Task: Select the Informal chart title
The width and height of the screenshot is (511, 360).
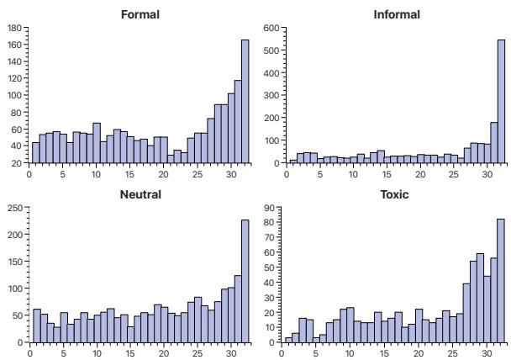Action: [x=396, y=14]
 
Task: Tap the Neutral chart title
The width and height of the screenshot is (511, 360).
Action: [x=140, y=194]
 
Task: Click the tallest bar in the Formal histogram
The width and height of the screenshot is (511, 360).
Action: [x=245, y=101]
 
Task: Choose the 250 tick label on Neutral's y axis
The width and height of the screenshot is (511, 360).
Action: [x=16, y=208]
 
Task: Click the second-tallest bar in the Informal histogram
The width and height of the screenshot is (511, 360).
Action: [x=494, y=142]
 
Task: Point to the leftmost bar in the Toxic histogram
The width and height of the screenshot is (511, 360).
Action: [x=288, y=340]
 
